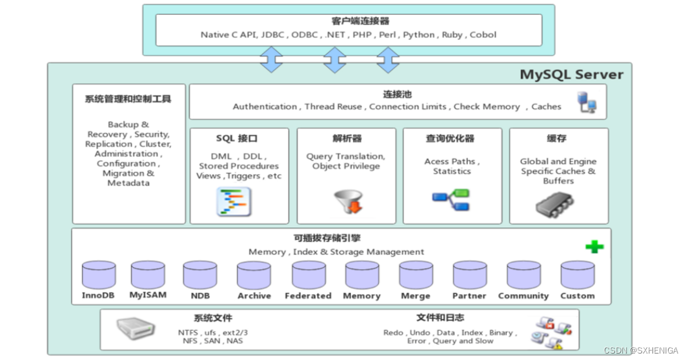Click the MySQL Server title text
[571, 74]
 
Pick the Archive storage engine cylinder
[254, 275]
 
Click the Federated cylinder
[308, 275]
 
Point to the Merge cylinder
[416, 275]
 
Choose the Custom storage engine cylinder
[577, 275]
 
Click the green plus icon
[594, 246]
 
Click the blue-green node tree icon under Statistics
[451, 201]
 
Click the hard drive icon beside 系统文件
[136, 330]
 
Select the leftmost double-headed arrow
[271, 59]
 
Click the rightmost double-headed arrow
[388, 59]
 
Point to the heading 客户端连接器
[351, 21]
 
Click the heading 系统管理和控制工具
[128, 99]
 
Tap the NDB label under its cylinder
[200, 295]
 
